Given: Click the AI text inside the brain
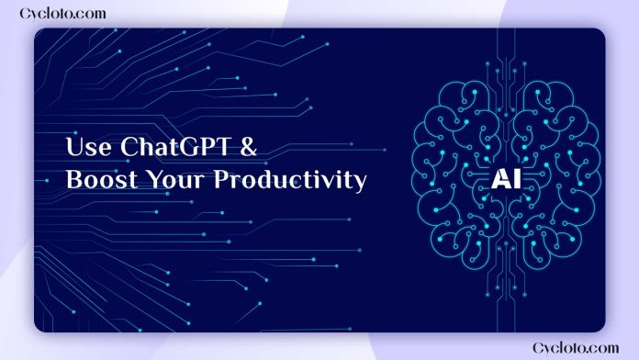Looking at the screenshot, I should tap(504, 178).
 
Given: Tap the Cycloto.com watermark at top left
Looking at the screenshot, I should tap(62, 14).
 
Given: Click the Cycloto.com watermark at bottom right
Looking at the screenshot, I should tap(577, 346).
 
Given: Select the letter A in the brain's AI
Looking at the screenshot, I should tap(499, 178).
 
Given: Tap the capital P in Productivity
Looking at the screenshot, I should tap(221, 180).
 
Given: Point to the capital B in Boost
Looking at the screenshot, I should tap(73, 180).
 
